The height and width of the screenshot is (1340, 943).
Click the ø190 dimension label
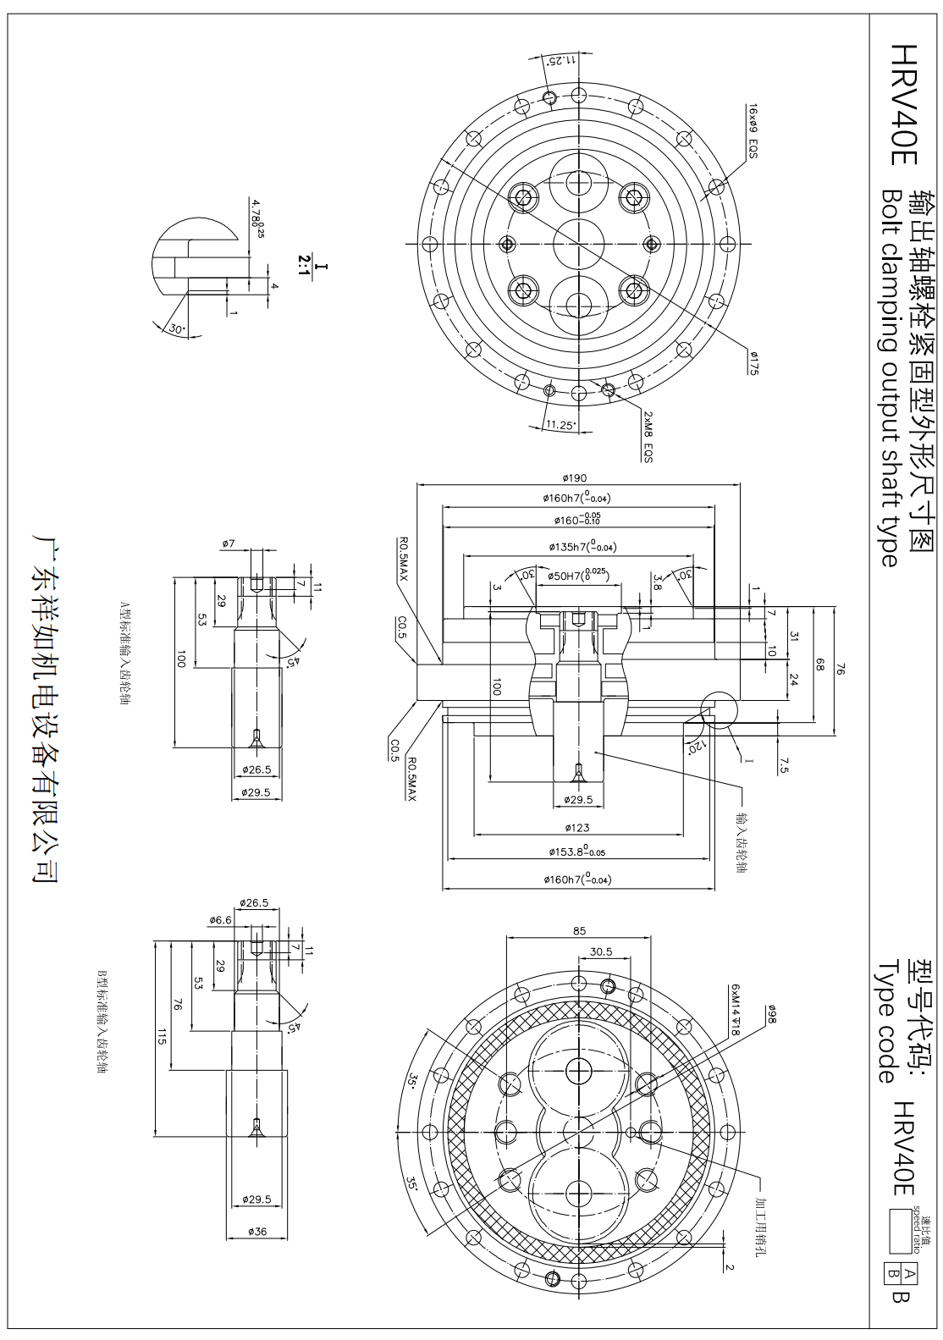click(x=578, y=478)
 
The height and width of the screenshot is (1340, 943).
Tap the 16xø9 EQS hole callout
click(x=752, y=132)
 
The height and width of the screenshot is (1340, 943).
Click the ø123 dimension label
click(x=578, y=827)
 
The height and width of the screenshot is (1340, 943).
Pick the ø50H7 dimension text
click(x=578, y=576)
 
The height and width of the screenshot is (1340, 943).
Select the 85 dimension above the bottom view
click(x=579, y=930)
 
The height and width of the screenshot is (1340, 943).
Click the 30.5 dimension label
click(x=602, y=951)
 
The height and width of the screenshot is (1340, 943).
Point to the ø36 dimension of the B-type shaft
click(x=257, y=1231)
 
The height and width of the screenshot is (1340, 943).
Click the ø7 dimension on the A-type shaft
click(x=229, y=543)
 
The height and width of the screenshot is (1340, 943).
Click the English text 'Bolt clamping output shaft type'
click(x=888, y=376)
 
